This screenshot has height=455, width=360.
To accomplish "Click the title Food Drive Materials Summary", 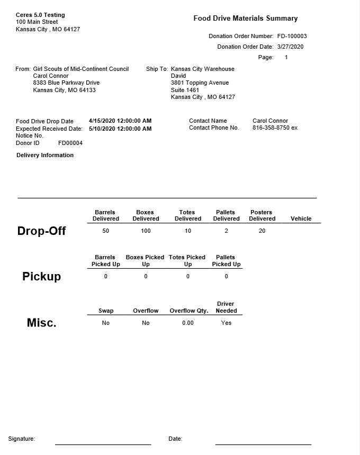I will point(245,19).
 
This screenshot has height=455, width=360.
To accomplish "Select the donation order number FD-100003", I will point(292,37).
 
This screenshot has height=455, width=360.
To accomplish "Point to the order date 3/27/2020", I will point(290,47).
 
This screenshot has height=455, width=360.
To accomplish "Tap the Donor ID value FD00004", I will point(70,143).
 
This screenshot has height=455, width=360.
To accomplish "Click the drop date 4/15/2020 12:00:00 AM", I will point(120,121).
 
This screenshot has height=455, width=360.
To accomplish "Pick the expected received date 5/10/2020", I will point(120,129).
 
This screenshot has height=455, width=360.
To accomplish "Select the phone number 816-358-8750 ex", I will point(275,128).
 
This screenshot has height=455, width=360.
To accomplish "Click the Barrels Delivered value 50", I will point(106,231).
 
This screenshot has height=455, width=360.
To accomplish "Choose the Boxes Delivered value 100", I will point(146,231).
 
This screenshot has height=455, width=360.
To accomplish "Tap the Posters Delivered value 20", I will point(262,231).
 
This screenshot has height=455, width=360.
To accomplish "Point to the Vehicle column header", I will point(301,219).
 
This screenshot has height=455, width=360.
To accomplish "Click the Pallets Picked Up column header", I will point(226,261).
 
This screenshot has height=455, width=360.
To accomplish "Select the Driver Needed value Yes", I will point(226,323).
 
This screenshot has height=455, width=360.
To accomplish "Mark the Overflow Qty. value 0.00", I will point(188,323).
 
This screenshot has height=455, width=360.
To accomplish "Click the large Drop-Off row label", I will point(41,231).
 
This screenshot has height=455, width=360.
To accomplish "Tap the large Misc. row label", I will point(41,323).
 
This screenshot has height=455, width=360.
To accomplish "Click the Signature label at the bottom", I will point(22,439).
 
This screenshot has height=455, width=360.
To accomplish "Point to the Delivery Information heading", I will point(45,156).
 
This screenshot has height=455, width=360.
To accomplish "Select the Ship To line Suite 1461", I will point(185,90).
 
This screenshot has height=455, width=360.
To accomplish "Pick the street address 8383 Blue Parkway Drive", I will point(66,83).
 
